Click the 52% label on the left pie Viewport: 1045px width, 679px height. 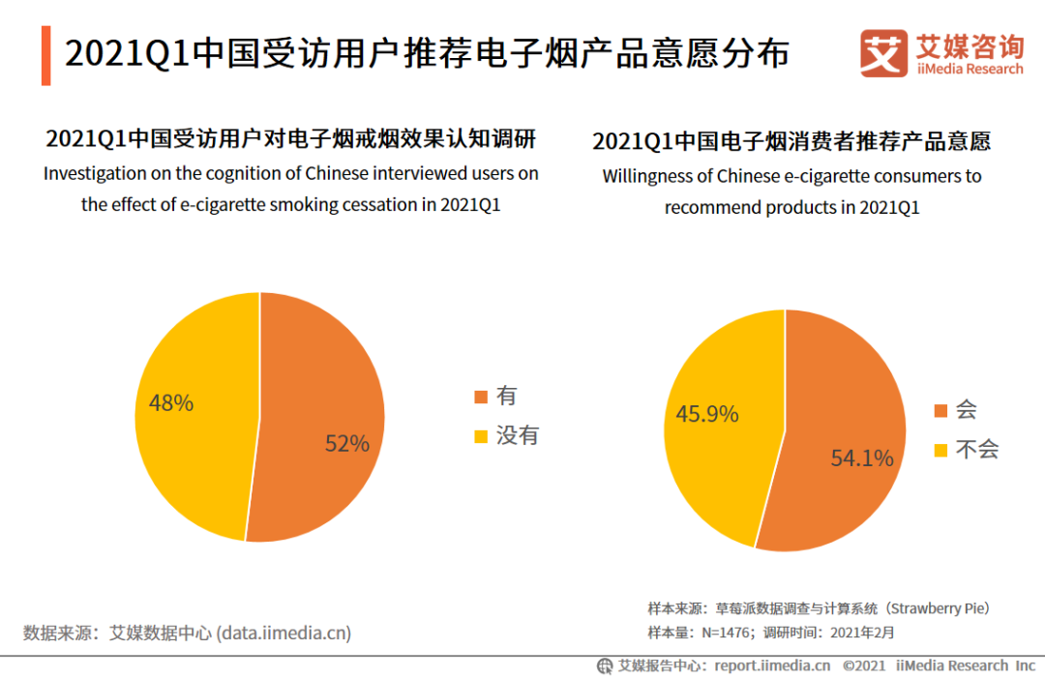[347, 444]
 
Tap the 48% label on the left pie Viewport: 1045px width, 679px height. [171, 403]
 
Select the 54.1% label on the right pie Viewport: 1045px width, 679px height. [862, 458]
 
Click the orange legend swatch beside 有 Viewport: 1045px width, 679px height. [480, 398]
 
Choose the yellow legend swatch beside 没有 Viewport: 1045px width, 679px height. [480, 437]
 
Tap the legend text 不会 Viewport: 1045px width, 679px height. [976, 449]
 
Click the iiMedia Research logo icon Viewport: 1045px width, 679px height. [883, 53]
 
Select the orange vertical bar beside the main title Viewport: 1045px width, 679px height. [45, 56]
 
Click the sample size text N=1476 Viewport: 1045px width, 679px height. [721, 634]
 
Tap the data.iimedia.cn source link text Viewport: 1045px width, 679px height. [284, 634]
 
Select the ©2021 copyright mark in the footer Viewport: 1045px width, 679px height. [865, 665]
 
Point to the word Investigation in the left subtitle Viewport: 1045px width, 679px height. [90, 174]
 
